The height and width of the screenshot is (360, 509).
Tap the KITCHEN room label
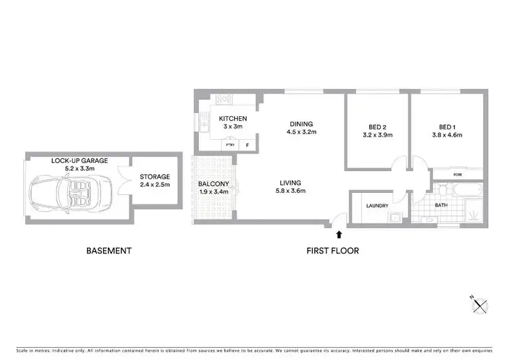point(233,120)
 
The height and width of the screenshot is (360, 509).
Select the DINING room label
point(301,124)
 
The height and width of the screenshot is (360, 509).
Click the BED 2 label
point(378,127)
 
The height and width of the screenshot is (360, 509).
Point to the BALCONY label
point(212,184)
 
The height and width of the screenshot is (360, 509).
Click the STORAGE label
point(156,175)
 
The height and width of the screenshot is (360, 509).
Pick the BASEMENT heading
point(109,251)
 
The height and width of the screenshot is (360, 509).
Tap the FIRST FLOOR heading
point(332,251)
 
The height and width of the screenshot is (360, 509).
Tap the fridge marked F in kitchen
point(247,145)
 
